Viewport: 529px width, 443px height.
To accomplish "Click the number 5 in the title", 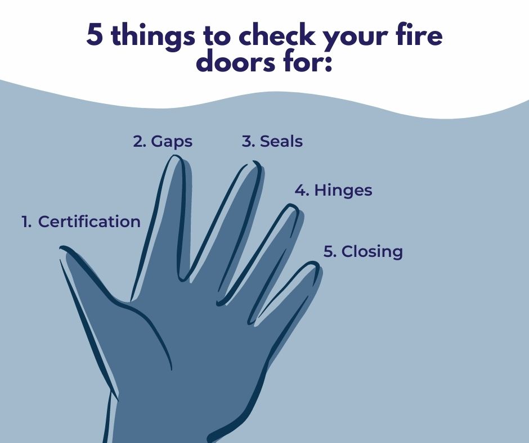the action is tap(94, 35).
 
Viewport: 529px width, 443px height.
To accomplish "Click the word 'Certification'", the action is tap(89, 221).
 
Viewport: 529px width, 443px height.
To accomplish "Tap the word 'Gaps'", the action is tap(172, 142).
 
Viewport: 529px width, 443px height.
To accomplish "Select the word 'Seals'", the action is tap(281, 141).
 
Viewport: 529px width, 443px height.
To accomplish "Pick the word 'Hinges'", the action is tap(343, 191).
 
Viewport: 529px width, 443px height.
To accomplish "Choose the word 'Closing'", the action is tap(372, 252).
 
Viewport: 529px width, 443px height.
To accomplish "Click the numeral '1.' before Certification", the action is tap(26, 222).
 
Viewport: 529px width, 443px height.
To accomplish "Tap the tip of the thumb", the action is tap(61, 248).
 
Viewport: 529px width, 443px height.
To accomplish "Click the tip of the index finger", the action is tap(175, 156).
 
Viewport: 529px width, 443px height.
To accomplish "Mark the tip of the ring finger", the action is tap(292, 205).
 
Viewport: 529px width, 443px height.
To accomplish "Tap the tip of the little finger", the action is tap(315, 263).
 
